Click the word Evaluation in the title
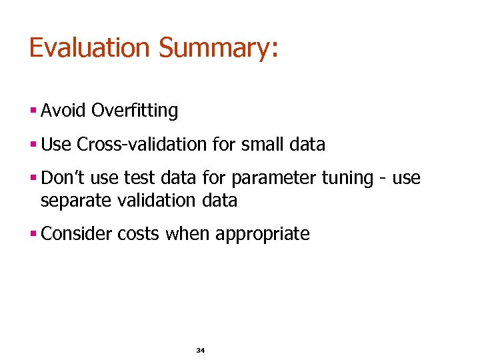pos(90,48)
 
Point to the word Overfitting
pos(135,111)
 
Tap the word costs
pos(139,235)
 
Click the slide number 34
pos(200,350)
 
